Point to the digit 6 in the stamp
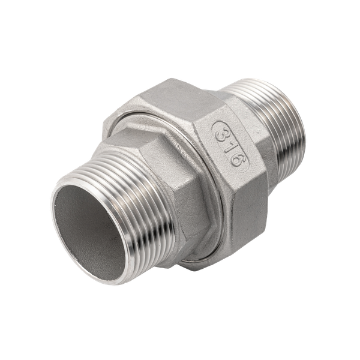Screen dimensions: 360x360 click(x=236, y=160)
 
